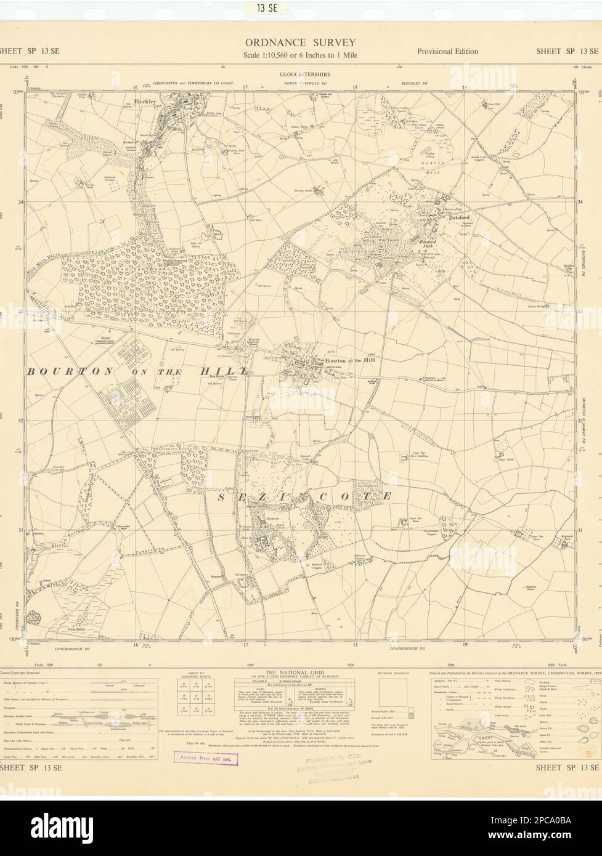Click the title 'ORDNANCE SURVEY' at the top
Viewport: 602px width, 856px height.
point(301,42)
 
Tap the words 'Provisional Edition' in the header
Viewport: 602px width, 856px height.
point(447,52)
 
